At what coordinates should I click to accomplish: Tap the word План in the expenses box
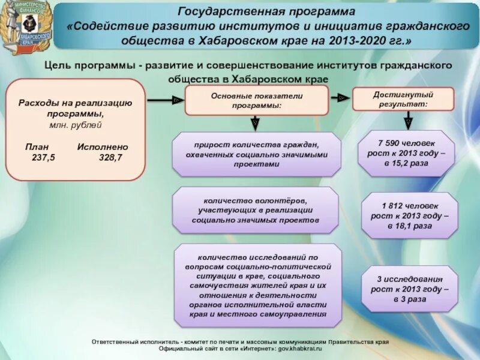tap(37, 147)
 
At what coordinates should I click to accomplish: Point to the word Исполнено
tap(103, 147)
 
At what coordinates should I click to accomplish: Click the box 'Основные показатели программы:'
tap(257, 100)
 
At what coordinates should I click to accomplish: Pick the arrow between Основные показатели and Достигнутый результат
tap(341, 97)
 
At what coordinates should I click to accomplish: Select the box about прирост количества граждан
tap(257, 154)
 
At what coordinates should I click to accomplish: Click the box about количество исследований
tap(257, 285)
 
